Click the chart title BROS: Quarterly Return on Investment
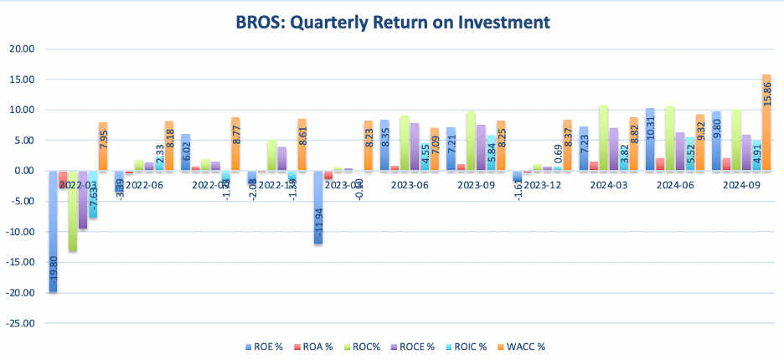click(392, 23)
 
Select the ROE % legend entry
click(266, 346)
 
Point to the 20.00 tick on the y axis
click(22, 49)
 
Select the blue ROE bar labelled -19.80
click(53, 231)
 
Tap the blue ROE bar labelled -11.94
click(318, 207)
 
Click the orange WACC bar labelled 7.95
click(103, 147)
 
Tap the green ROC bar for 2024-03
click(603, 138)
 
